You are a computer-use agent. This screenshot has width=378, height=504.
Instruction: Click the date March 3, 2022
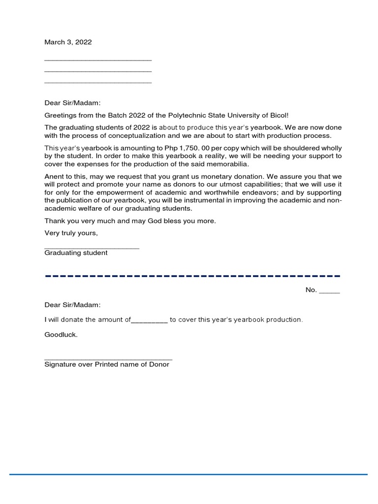(68, 42)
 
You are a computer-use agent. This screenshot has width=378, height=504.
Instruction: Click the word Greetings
(60, 115)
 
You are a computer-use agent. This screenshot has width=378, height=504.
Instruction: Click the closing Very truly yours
(71, 233)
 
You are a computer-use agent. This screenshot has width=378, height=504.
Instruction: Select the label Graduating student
(76, 253)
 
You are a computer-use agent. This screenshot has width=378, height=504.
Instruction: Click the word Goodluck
(61, 335)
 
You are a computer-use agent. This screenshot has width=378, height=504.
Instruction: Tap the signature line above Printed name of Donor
(108, 360)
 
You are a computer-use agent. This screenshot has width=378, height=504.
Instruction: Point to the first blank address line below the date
(98, 60)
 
